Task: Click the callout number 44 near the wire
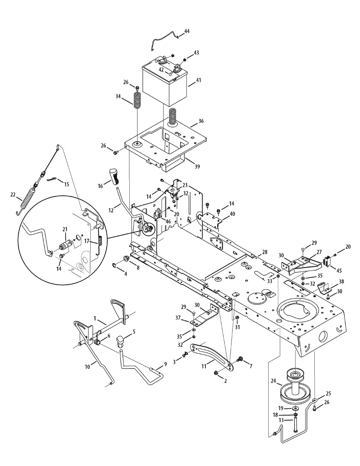[x=187, y=31]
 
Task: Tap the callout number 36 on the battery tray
[x=201, y=121]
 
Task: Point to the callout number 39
[x=197, y=167]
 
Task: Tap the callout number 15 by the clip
[x=67, y=184]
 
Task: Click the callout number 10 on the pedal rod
[x=88, y=366]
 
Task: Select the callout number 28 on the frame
[x=264, y=252]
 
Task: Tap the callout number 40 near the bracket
[x=233, y=214]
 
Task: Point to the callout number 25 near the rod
[x=328, y=393]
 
